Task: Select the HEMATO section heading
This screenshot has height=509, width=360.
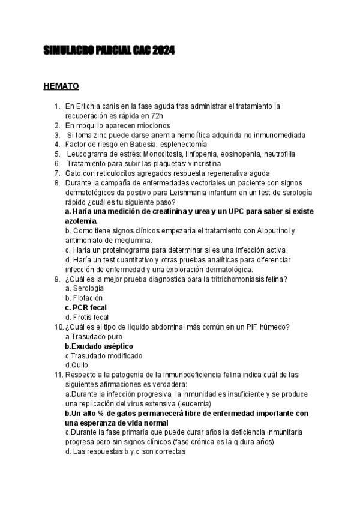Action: coord(61,86)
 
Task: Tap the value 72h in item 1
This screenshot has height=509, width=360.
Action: coord(155,115)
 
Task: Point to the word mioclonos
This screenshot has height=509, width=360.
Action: coord(151,125)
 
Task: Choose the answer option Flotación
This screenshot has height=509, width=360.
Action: coord(87,298)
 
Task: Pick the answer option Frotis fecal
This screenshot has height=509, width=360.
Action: coord(90,317)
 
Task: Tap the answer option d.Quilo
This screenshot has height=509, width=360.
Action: coord(76,365)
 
